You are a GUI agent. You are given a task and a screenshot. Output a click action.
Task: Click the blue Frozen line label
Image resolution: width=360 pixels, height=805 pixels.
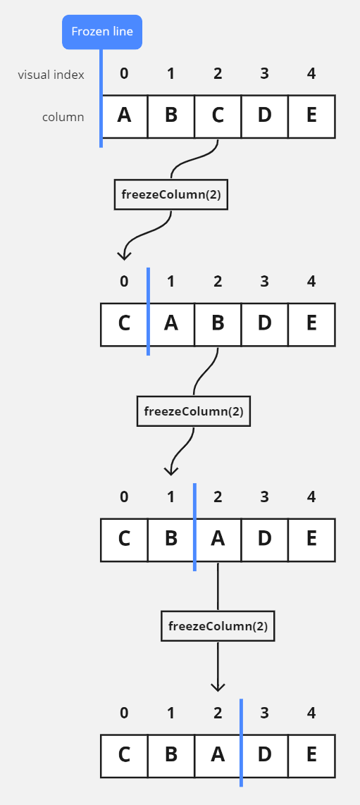(102, 32)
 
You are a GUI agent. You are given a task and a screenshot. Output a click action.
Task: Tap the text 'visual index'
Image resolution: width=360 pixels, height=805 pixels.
(51, 75)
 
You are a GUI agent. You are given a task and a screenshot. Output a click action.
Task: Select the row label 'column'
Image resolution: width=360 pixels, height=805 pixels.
(63, 117)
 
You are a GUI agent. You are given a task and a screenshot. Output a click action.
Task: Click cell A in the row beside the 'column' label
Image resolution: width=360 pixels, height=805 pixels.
(125, 116)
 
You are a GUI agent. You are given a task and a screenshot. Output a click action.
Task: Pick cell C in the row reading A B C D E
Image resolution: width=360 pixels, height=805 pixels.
(218, 116)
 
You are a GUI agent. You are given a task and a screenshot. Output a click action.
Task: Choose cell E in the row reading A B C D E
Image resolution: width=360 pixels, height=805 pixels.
(311, 116)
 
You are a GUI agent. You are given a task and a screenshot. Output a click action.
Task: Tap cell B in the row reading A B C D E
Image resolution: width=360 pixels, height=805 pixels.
(171, 116)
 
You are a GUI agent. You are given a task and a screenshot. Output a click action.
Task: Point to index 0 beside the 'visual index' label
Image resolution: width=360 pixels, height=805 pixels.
(125, 73)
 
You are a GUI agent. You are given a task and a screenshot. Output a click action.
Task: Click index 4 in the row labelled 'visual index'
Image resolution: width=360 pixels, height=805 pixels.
(311, 73)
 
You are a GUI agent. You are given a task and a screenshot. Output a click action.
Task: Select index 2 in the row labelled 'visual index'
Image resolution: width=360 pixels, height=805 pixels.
(218, 73)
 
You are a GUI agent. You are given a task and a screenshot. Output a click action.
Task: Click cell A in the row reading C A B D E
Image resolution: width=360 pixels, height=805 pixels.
(171, 324)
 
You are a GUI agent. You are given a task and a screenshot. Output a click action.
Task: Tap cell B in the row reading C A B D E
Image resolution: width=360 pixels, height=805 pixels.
(218, 324)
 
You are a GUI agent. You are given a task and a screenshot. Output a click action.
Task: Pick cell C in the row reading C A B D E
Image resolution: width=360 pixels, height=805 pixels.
(125, 324)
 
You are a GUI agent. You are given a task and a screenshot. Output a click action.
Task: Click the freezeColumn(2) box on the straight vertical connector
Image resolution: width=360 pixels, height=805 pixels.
(218, 625)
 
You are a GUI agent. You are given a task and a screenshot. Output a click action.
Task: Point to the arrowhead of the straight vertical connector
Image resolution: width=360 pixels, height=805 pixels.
(218, 686)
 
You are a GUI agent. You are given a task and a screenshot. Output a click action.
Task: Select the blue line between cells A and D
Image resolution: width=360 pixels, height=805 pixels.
(241, 743)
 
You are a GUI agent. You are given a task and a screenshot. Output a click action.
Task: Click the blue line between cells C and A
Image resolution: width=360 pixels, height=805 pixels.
(148, 311)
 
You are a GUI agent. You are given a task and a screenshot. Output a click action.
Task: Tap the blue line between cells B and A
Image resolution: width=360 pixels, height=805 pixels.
(194, 527)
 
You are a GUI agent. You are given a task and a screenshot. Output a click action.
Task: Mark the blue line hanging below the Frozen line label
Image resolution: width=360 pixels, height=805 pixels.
(101, 99)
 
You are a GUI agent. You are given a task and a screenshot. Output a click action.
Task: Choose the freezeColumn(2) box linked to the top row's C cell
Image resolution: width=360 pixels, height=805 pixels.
(171, 195)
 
